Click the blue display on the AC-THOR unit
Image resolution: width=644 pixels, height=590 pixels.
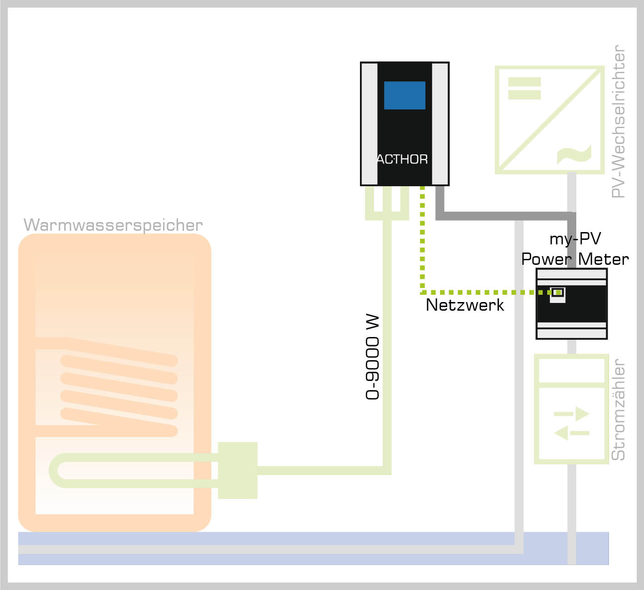[404, 95]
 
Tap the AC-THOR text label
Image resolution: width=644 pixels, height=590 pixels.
[402, 159]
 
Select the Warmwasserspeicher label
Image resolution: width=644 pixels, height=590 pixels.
[113, 225]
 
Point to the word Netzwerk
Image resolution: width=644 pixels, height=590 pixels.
[464, 305]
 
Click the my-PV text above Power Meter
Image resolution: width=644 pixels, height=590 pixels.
[575, 239]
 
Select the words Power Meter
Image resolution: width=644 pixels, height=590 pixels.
[575, 259]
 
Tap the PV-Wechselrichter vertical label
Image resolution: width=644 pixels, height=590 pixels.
[619, 121]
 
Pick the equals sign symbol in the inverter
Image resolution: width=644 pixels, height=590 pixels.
[524, 88]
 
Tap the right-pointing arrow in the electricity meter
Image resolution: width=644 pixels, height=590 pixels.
[572, 414]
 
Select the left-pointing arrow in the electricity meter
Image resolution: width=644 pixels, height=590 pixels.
[571, 433]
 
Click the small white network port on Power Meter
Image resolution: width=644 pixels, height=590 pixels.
[558, 293]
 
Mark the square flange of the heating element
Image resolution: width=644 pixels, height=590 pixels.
[238, 470]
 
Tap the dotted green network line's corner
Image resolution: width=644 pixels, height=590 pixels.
[423, 292]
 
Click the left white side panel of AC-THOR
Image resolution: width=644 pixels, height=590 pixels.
[369, 124]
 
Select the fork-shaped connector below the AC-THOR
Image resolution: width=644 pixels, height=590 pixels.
[387, 204]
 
